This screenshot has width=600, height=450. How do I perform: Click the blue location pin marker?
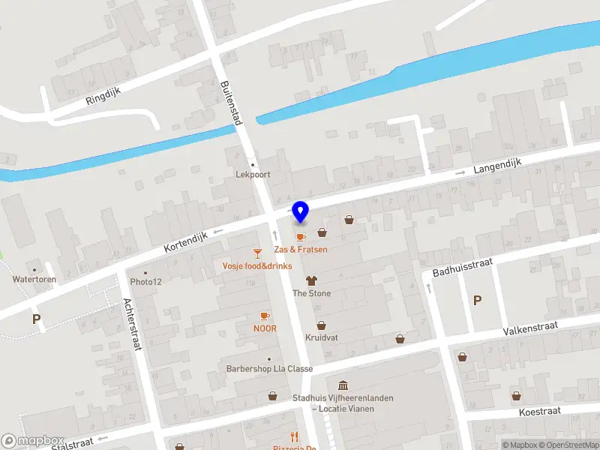point(301,212)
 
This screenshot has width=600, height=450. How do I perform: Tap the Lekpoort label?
point(253,174)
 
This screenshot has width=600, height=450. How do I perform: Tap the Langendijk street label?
point(497,166)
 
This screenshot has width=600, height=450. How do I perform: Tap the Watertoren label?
point(34,279)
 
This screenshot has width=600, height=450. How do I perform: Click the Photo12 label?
point(145,282)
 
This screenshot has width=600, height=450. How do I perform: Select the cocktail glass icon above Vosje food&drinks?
point(257,253)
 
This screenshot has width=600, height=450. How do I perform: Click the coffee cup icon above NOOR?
point(264,316)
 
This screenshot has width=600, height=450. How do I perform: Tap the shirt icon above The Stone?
point(311,280)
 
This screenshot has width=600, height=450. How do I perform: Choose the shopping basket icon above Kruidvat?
point(321,325)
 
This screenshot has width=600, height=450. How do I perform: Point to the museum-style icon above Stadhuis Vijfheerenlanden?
point(343,385)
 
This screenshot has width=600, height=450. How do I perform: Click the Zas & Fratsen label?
point(301,249)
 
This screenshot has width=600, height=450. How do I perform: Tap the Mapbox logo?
point(33,441)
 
